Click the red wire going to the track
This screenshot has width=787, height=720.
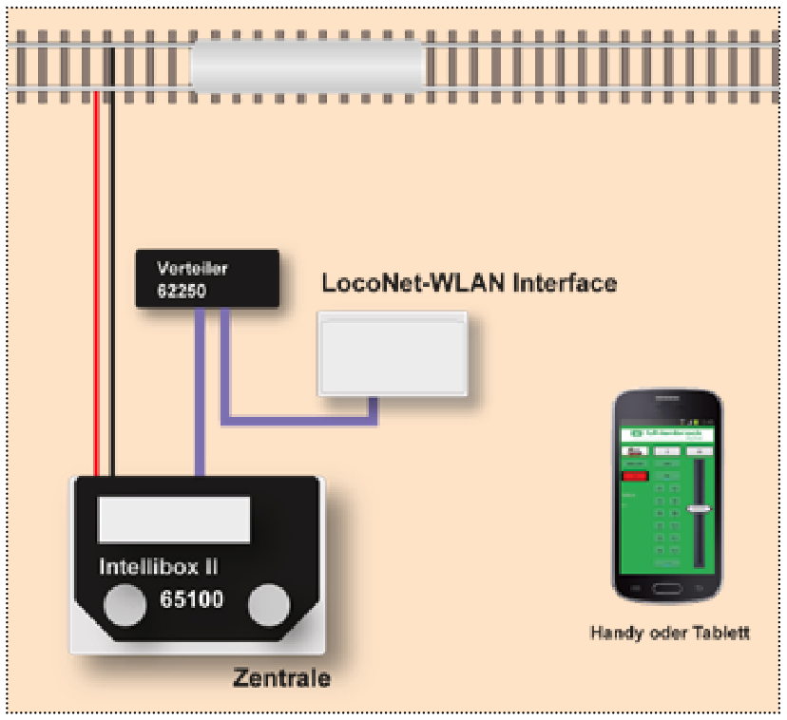[96, 285]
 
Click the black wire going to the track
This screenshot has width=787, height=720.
[112, 285]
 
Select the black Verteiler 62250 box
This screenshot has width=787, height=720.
[207, 278]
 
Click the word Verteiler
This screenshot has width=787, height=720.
[193, 268]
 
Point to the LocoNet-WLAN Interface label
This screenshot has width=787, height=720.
[469, 282]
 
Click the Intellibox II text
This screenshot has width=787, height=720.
[159, 567]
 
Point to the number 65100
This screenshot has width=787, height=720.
[191, 600]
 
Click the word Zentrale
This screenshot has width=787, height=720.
[282, 678]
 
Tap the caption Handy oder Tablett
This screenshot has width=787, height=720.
[669, 633]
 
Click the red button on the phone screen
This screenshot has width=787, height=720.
[634, 475]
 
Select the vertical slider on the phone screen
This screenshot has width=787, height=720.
[701, 510]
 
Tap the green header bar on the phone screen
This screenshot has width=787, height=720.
[665, 432]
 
